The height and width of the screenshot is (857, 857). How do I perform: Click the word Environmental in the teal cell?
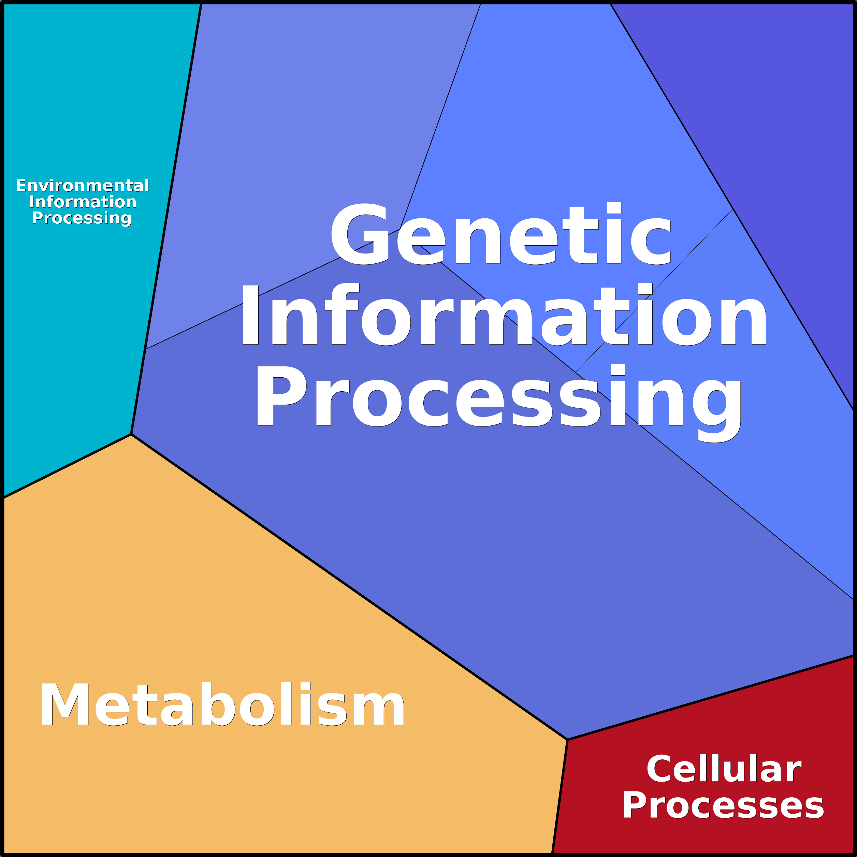point(83,185)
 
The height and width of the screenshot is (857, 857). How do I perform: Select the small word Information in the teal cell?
point(83,202)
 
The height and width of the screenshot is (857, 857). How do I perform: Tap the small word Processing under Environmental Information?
point(82,218)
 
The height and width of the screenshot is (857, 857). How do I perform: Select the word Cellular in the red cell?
point(724,769)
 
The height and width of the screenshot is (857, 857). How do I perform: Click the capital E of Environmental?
point(20,185)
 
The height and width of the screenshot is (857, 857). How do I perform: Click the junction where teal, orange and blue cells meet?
point(131,434)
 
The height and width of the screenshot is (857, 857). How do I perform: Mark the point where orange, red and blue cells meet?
point(567,739)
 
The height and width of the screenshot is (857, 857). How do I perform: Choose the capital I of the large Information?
point(250,315)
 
